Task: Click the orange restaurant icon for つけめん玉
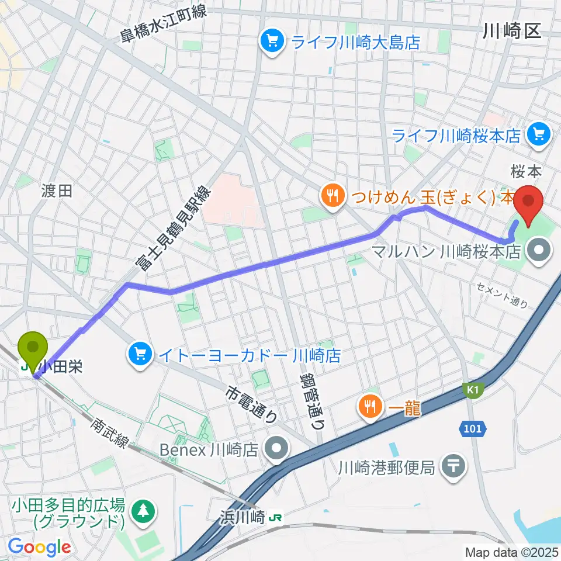click(x=331, y=196)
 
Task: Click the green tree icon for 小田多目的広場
click(x=143, y=510)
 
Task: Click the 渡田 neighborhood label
click(x=57, y=191)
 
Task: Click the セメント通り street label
click(x=501, y=295)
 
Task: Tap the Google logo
click(x=39, y=546)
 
